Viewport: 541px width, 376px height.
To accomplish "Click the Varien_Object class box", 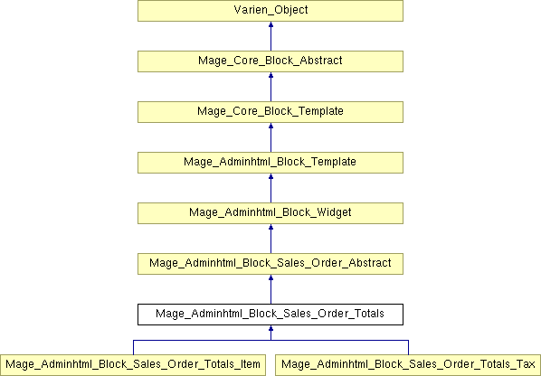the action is (x=270, y=11).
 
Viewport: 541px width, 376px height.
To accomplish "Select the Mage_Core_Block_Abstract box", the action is (x=270, y=61).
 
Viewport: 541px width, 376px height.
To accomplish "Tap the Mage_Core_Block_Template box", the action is (x=270, y=112).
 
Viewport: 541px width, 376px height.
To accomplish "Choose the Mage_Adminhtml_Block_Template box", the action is (x=270, y=163).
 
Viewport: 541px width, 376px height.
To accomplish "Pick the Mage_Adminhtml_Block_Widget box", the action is (x=270, y=213).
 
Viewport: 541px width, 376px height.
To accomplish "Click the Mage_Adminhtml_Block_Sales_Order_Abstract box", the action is (x=270, y=264).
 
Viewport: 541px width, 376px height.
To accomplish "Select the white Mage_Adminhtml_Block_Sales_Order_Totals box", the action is (x=270, y=315).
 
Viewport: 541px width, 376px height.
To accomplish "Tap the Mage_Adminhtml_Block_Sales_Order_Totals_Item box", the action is (x=133, y=365).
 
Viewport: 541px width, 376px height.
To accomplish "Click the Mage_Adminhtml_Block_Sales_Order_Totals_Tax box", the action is (x=408, y=365).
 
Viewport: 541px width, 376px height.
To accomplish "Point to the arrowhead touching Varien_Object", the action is (x=270, y=24).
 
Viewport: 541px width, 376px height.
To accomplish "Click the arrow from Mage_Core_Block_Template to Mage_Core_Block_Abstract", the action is (x=270, y=87).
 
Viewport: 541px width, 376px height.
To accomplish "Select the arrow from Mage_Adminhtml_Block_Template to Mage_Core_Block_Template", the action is (x=270, y=137).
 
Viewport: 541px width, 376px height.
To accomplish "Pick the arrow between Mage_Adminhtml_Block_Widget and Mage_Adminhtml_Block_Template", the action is (x=270, y=188).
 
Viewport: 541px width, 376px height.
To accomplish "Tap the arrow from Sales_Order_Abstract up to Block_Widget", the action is (x=270, y=239).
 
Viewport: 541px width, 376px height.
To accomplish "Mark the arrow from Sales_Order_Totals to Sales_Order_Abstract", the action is (x=270, y=289).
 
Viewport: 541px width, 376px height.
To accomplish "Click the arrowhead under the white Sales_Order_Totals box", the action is (x=270, y=328).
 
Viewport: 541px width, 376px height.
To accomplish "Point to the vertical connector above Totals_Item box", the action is (x=134, y=347).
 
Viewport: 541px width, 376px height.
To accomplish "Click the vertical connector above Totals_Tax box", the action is (x=409, y=347).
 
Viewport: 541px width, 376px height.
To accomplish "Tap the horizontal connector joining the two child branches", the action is (x=270, y=341).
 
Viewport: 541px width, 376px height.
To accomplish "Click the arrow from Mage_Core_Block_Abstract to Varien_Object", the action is (x=270, y=36).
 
